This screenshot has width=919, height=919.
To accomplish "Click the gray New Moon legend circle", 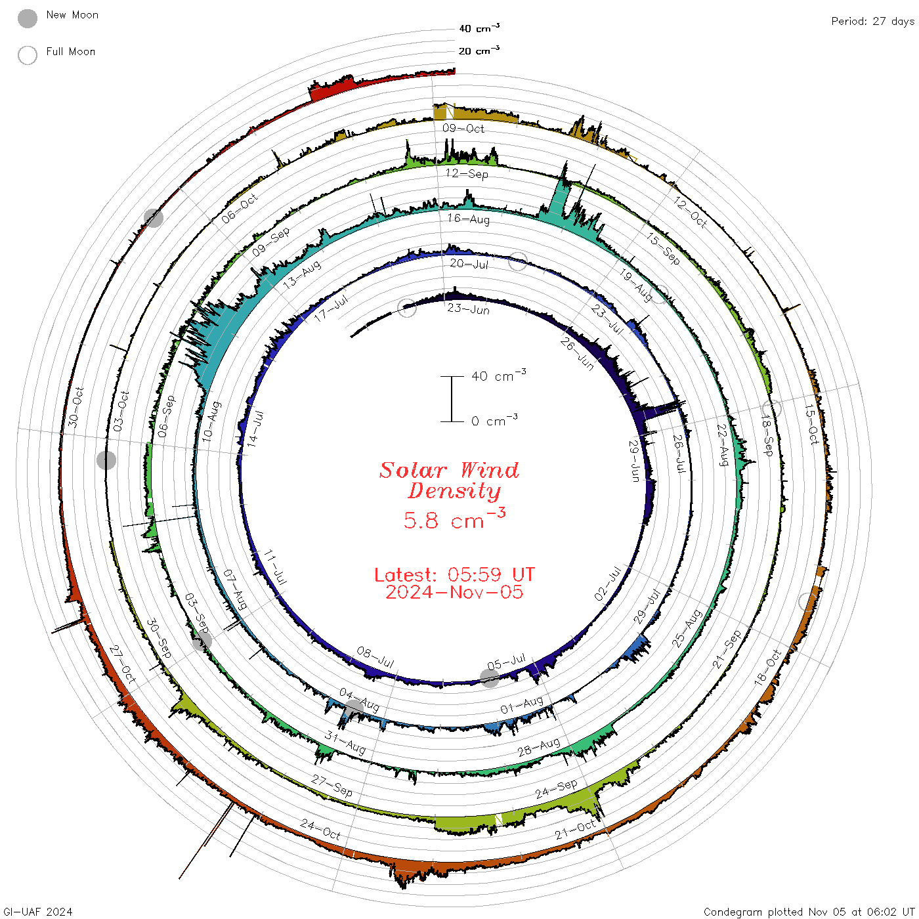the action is click(27, 18).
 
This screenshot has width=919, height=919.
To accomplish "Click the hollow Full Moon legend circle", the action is click(27, 55).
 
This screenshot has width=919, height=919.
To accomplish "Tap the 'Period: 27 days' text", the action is click(873, 22).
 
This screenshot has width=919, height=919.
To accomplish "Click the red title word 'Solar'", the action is click(413, 470).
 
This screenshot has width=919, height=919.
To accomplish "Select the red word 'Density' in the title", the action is click(454, 491).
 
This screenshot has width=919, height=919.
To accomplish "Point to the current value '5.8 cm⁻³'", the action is click(454, 519).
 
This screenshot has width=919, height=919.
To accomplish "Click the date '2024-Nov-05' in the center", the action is click(454, 592).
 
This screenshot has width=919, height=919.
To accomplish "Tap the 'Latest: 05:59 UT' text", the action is click(454, 574).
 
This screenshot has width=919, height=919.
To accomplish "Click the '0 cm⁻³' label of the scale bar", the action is click(494, 420).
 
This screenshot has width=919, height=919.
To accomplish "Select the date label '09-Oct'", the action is click(463, 128).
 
